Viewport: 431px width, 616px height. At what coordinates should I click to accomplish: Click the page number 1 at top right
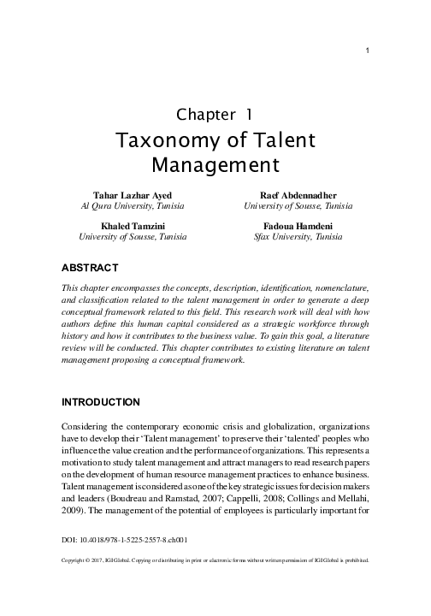366,50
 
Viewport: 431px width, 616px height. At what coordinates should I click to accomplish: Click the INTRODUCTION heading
101,402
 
